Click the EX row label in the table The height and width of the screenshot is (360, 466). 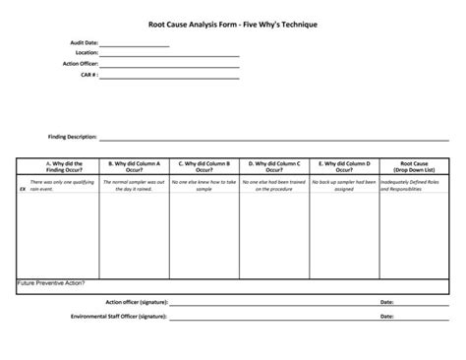click(23, 185)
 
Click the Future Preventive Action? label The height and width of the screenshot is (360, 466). click(51, 282)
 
